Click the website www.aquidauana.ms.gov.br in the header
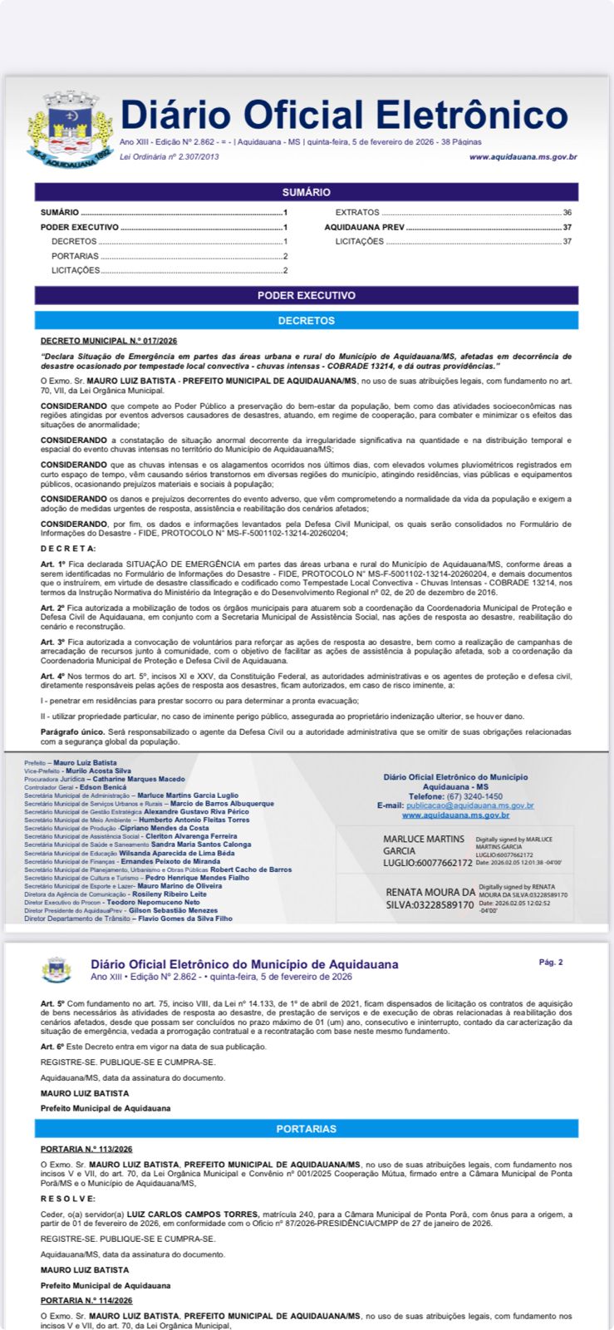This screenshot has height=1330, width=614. click(x=523, y=157)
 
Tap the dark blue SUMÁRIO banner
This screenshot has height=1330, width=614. click(x=306, y=192)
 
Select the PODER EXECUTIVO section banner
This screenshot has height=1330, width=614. click(x=306, y=295)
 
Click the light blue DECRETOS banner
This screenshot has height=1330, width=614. click(x=306, y=321)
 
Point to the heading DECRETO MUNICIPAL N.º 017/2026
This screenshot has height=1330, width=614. click(x=109, y=341)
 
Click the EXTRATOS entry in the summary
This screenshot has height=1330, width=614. click(x=357, y=213)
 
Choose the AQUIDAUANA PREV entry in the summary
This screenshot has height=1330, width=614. click(x=365, y=227)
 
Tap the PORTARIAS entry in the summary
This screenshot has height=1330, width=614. click(x=75, y=256)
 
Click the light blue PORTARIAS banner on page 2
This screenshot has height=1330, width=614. click(x=306, y=1129)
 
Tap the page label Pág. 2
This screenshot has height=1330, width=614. click(x=550, y=963)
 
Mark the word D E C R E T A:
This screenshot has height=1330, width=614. click(x=68, y=549)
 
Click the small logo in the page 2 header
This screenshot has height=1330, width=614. click(x=56, y=970)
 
